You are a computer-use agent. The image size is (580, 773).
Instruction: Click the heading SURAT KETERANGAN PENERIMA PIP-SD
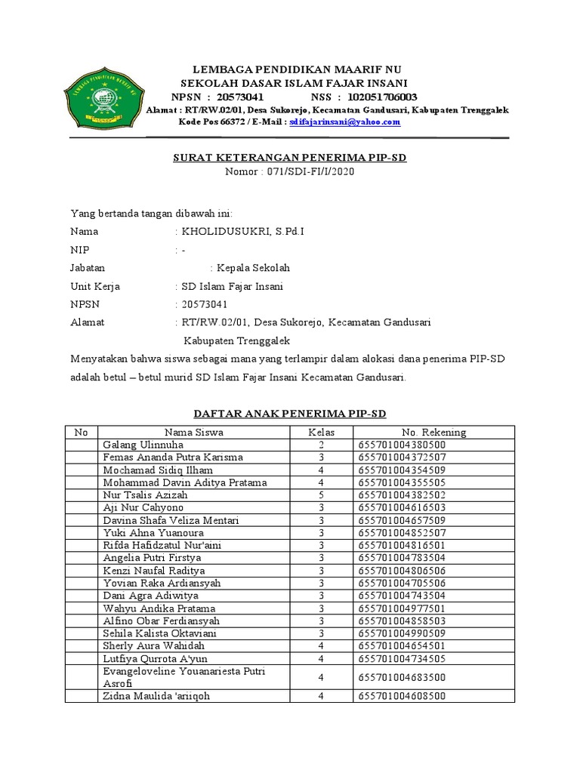click(x=290, y=158)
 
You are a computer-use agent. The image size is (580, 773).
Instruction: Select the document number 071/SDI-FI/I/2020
click(x=290, y=171)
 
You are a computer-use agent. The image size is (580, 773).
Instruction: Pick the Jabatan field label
click(x=88, y=268)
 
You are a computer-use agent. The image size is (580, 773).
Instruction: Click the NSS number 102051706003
click(x=381, y=97)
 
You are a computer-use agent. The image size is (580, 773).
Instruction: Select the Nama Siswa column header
click(x=194, y=433)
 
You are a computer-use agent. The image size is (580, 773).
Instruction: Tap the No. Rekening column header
click(x=434, y=433)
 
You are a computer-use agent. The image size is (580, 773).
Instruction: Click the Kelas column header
click(x=321, y=433)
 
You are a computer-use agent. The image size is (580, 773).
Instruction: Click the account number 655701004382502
click(x=402, y=495)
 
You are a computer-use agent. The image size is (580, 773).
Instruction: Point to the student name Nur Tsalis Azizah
click(x=145, y=495)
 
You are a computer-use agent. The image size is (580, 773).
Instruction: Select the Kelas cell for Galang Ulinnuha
click(x=321, y=445)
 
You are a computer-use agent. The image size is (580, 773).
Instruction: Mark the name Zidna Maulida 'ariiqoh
click(x=156, y=696)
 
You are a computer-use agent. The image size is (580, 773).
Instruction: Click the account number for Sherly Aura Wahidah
click(x=402, y=646)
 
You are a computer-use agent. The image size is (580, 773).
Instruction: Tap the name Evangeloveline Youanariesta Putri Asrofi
click(x=184, y=676)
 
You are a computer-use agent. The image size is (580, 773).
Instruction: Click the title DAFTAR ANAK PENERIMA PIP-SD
click(x=290, y=414)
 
